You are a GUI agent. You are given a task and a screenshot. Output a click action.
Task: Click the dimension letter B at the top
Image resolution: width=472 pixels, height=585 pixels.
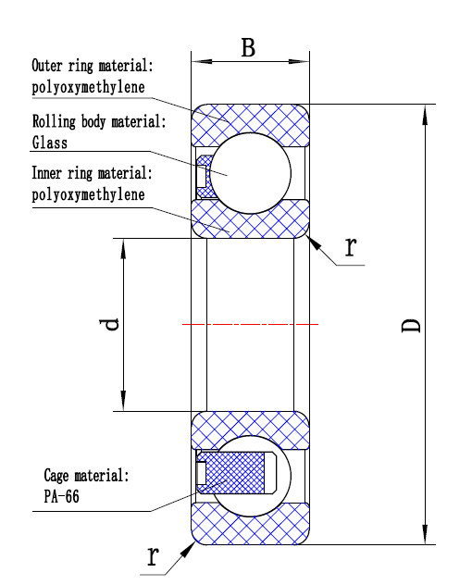pos(248,47)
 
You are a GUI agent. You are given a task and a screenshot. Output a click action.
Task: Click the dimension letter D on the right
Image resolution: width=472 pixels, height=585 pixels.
pos(411,325)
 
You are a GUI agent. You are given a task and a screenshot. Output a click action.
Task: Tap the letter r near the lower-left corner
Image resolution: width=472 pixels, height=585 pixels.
pos(153,555)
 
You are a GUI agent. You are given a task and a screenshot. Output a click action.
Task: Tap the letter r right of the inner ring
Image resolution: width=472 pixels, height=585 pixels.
pos(351,246)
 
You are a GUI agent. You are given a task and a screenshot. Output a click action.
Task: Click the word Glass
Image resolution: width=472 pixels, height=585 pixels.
pos(50,143)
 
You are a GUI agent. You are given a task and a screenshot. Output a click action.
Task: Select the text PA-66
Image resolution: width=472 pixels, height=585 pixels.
pos(62,496)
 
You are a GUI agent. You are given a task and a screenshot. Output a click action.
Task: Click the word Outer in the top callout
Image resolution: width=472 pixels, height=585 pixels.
pos(47,66)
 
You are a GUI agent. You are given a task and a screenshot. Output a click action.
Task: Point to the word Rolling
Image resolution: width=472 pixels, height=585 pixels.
pos(54,121)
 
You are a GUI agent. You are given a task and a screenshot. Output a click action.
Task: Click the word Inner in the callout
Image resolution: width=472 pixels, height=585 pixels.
pos(46,173)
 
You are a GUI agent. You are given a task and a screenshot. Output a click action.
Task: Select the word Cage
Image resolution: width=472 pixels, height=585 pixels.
pos(56,476)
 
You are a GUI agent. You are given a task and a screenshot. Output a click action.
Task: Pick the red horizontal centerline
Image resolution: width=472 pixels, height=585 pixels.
pos(250,325)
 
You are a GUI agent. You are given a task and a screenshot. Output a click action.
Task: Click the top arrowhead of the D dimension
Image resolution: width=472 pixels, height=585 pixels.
pos(425,115)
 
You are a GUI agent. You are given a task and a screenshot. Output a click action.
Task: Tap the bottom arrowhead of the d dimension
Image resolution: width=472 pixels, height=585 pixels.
pos(123,401)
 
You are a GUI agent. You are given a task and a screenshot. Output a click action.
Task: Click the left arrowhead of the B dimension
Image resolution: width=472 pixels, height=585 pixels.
pos(202,61)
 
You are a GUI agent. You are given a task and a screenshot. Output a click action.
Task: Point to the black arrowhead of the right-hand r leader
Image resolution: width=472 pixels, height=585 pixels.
pos(314,243)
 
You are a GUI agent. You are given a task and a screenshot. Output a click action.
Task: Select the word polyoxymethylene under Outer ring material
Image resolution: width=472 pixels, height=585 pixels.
pos(89,87)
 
